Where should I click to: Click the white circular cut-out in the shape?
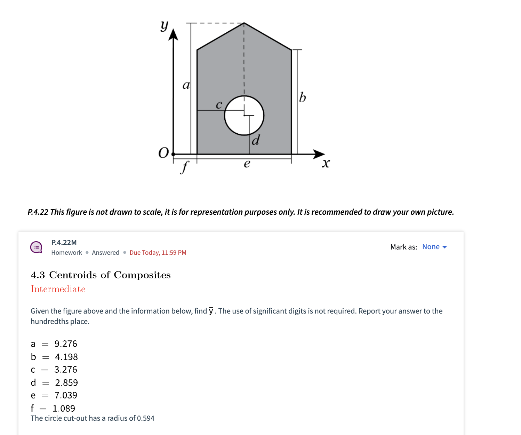pyautogui.click(x=244, y=116)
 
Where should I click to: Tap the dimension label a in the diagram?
pyautogui.click(x=186, y=85)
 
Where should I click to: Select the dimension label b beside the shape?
pyautogui.click(x=303, y=97)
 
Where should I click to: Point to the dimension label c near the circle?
pyautogui.click(x=219, y=104)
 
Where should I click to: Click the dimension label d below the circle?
pyautogui.click(x=256, y=140)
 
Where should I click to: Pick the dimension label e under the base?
pyautogui.click(x=247, y=163)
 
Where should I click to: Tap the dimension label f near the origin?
pyautogui.click(x=185, y=167)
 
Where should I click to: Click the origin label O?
pyautogui.click(x=163, y=153)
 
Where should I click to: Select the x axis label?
pyautogui.click(x=326, y=163)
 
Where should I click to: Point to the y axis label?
pyautogui.click(x=164, y=25)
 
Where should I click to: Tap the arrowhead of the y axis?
pyautogui.click(x=173, y=35)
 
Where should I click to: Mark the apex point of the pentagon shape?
pyautogui.click(x=244, y=23)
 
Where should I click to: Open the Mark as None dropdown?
pyautogui.click(x=434, y=247)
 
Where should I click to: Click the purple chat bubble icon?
pyautogui.click(x=37, y=247)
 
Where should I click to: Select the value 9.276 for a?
pyautogui.click(x=66, y=344)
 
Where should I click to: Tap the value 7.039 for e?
pyautogui.click(x=66, y=395)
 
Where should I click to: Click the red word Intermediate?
pyautogui.click(x=58, y=289)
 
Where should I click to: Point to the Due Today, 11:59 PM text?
pyautogui.click(x=158, y=253)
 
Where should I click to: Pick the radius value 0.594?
pyautogui.click(x=145, y=418)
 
